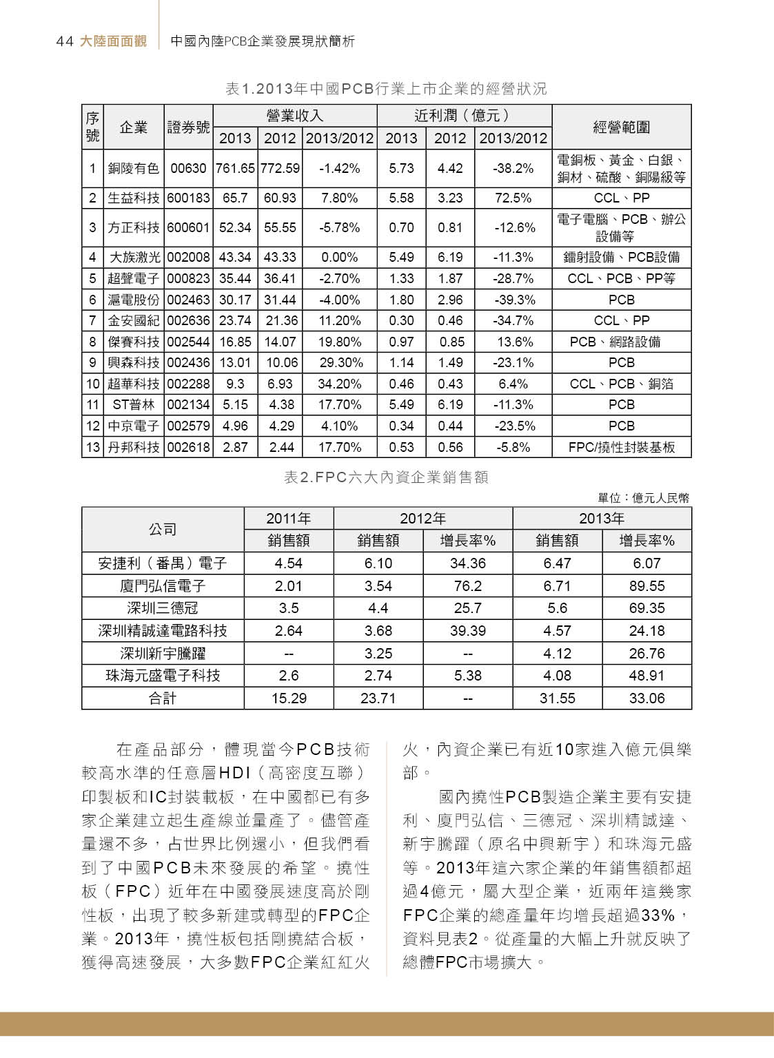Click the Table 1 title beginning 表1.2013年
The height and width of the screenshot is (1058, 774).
click(386, 89)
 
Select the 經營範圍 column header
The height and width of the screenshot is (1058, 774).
click(621, 127)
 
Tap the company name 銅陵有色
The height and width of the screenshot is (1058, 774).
click(133, 168)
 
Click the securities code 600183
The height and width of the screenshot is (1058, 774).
click(188, 198)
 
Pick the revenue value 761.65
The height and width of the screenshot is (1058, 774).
click(235, 168)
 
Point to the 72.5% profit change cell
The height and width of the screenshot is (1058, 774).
click(513, 198)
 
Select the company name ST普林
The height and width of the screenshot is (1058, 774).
click(133, 405)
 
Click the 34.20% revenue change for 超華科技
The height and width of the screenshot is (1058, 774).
click(340, 384)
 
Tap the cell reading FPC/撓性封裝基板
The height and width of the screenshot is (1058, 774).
click(621, 448)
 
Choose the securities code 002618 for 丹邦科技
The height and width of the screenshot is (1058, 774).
click(188, 448)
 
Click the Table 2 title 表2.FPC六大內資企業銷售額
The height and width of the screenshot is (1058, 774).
click(386, 477)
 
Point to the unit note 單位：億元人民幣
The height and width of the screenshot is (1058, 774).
click(643, 498)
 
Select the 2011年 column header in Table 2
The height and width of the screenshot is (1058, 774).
click(289, 519)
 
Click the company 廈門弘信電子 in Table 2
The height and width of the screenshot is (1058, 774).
click(163, 586)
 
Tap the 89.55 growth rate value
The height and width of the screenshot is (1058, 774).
click(646, 586)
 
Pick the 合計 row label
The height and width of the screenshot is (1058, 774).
click(163, 698)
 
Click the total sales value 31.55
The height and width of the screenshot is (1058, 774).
click(557, 698)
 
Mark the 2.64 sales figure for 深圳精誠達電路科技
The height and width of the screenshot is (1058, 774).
click(289, 631)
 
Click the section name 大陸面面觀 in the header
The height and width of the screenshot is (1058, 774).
click(113, 41)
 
